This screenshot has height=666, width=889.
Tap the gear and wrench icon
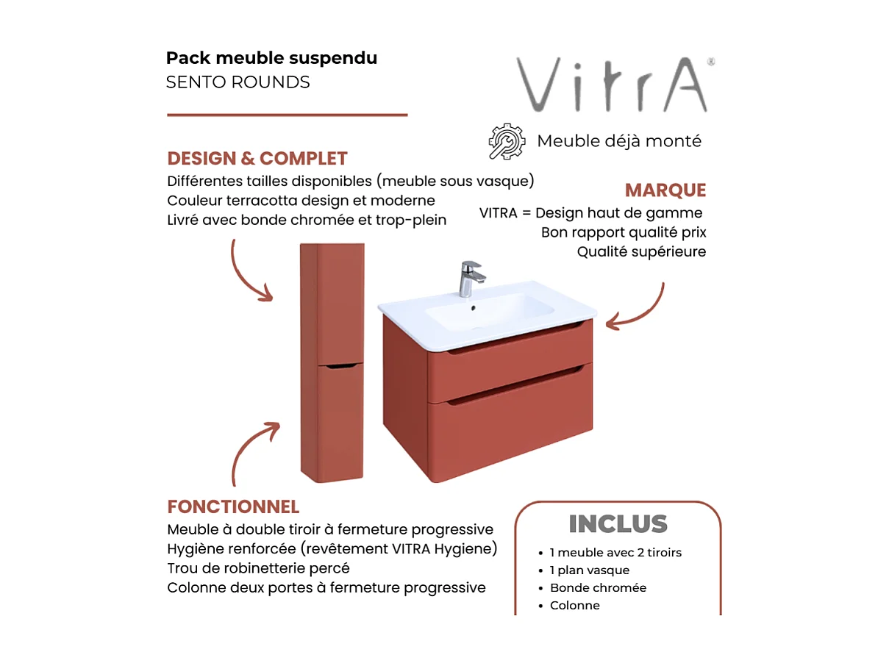click(x=507, y=141)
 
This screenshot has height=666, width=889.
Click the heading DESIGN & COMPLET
click(x=257, y=159)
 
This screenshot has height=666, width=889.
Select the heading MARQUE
click(x=665, y=190)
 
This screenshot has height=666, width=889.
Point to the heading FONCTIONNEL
click(x=233, y=507)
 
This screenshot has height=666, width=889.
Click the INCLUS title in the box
click(x=618, y=524)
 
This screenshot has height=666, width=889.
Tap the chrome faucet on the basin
click(x=471, y=278)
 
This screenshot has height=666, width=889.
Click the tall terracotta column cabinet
click(x=332, y=362)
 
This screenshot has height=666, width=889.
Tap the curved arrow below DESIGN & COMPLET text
click(x=249, y=272)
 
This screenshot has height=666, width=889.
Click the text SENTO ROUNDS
click(x=238, y=82)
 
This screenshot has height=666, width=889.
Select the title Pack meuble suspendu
click(x=271, y=58)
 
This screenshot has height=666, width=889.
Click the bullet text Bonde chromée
click(x=598, y=588)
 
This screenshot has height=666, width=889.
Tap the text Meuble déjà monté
click(x=619, y=141)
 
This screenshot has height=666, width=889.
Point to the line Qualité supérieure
click(x=641, y=252)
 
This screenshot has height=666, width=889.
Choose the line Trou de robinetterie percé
click(x=258, y=568)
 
